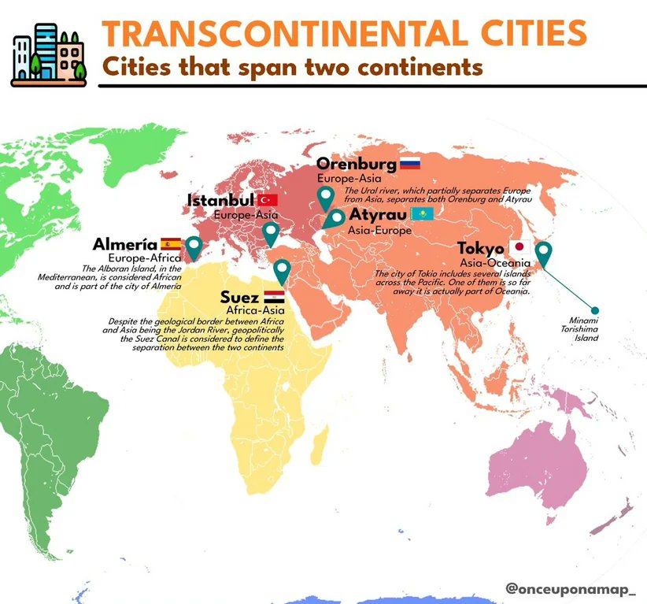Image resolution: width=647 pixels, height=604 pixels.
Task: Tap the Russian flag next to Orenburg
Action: [410, 164]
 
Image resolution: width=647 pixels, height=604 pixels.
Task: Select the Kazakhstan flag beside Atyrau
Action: [421, 214]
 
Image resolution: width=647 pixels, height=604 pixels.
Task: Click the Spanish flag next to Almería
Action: [171, 243]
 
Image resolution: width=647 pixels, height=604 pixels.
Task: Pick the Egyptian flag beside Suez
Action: [274, 297]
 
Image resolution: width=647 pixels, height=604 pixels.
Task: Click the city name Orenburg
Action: [356, 164]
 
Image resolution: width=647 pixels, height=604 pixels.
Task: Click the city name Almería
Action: [124, 244]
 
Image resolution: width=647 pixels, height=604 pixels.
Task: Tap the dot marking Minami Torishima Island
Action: [595, 310]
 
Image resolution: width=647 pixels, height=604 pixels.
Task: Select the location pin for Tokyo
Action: [543, 254]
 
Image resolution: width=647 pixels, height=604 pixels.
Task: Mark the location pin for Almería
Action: [192, 246]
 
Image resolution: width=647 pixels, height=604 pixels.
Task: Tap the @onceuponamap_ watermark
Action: [571, 588]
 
